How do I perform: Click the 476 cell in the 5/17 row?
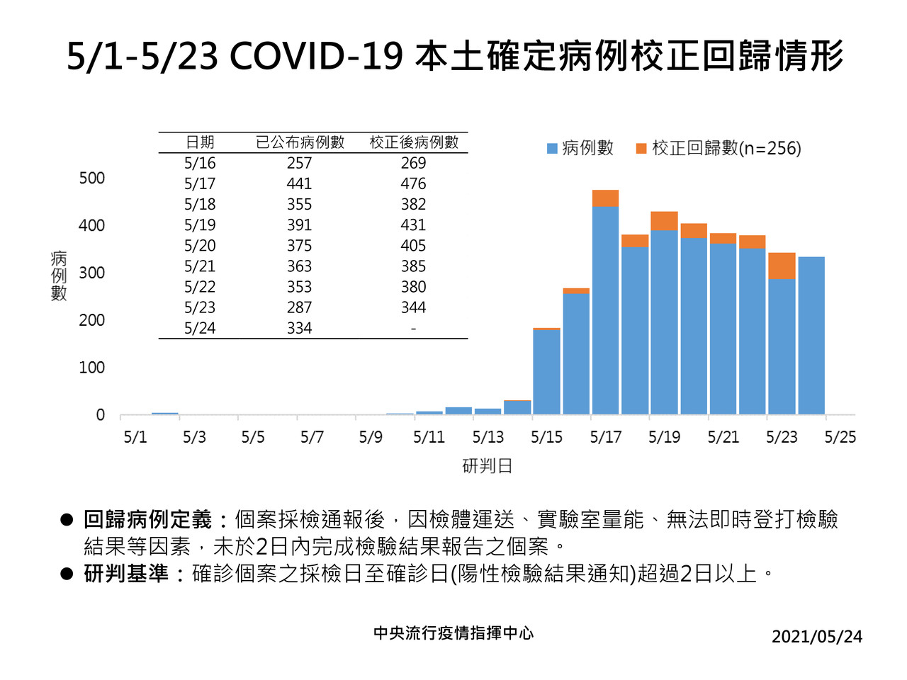coord(413,184)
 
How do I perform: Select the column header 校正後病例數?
coord(414,142)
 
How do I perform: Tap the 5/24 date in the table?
coord(200,329)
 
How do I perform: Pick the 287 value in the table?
coord(299,308)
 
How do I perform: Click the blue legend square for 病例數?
coord(552,149)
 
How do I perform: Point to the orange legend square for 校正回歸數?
coord(641,149)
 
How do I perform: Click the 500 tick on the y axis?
coord(91,178)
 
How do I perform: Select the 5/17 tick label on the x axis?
coord(605,438)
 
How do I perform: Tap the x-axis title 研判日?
coord(487,466)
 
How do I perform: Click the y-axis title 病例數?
coord(59,276)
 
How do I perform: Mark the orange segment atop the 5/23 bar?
coord(782,266)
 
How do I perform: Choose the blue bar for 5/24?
coord(811,336)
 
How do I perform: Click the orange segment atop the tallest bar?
coord(605,198)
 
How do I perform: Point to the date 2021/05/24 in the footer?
coord(816,637)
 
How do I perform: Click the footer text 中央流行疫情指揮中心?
coord(453,633)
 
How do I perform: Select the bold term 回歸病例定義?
coord(147,520)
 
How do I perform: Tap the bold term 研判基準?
coord(126,574)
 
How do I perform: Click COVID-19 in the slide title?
coord(316,57)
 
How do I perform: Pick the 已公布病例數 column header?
coord(300,142)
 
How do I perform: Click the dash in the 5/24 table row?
coord(413,329)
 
